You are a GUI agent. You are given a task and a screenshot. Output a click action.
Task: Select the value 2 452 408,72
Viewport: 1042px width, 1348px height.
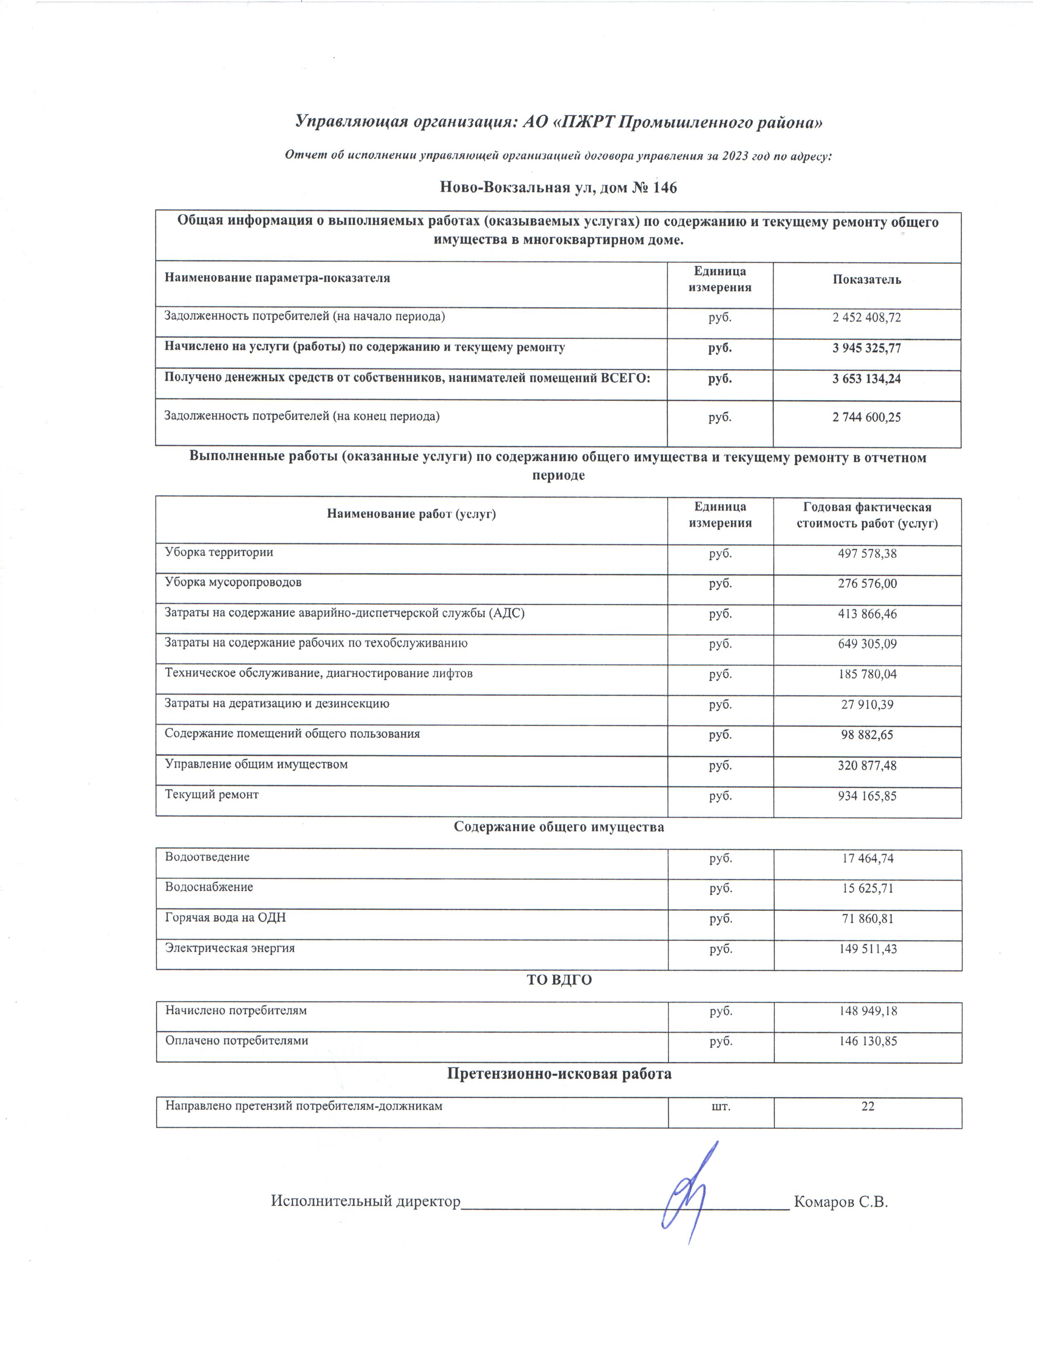[866, 317]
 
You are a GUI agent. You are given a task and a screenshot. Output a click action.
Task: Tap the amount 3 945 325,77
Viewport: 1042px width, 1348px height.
[866, 348]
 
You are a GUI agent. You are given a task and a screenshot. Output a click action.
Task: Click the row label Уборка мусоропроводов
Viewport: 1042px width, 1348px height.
[233, 582]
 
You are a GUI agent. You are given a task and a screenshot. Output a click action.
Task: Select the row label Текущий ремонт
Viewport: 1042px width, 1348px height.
[211, 795]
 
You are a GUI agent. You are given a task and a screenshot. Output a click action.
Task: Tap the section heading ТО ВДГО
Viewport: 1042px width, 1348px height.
[559, 980]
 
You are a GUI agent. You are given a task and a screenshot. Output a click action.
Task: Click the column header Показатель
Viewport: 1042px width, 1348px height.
[866, 279]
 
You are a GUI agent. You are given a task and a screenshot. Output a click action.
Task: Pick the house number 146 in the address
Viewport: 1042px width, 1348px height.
[664, 187]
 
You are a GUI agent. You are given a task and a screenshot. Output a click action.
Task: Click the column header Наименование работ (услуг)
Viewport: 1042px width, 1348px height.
[411, 513]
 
